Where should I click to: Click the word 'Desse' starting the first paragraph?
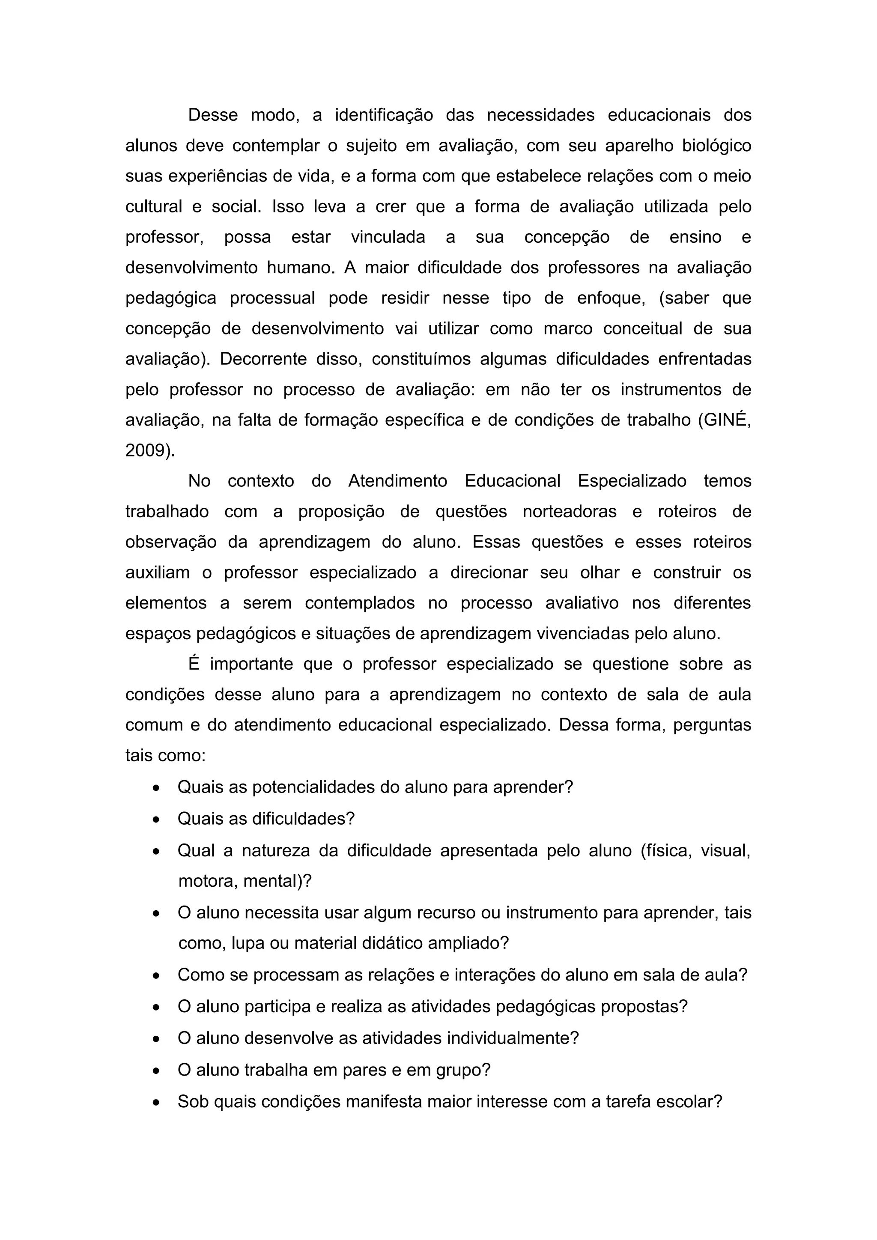click(212, 115)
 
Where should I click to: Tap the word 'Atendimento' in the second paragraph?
click(397, 481)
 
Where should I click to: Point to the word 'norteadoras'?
click(569, 511)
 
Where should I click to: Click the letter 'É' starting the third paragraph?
click(193, 664)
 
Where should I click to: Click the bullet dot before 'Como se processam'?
click(156, 976)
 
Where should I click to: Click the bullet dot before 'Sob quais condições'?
click(156, 1102)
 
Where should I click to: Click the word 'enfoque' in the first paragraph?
click(610, 298)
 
